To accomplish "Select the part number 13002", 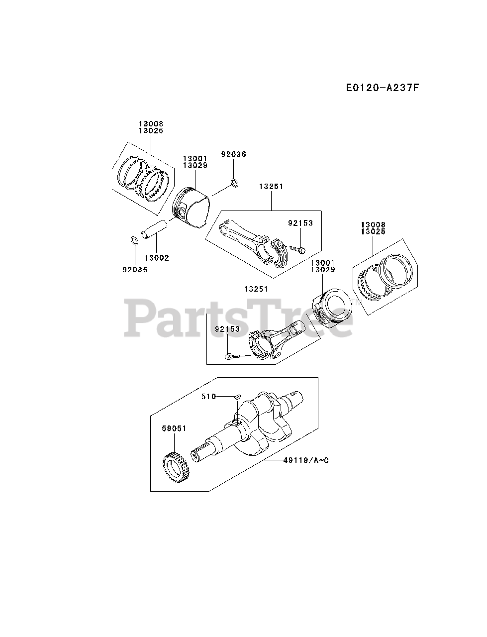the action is [156, 258].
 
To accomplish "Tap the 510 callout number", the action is [209, 396].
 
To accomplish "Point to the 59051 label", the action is [174, 428].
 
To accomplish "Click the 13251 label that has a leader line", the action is [271, 187].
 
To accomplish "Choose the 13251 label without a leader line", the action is [256, 289].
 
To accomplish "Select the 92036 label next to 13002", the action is [135, 270].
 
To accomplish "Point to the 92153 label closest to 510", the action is [227, 329].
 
